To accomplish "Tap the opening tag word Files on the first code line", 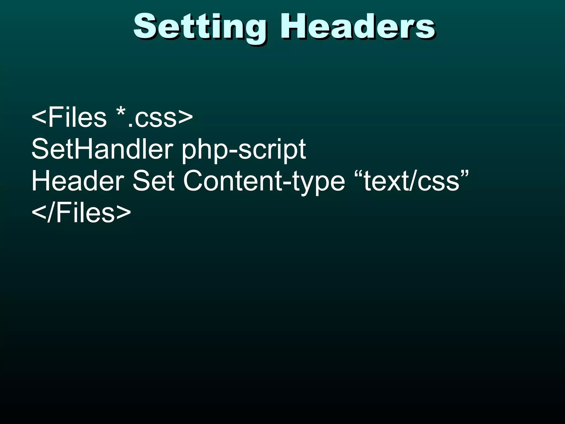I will point(77,118).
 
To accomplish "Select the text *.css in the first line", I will point(146,118).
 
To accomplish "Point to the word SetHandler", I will point(102,149).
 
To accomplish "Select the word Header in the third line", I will point(78,181).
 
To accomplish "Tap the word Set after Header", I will point(153,181).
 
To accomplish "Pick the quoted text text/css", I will point(411,181).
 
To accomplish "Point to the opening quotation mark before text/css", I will point(358,174).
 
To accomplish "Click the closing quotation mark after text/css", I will point(465,174).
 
